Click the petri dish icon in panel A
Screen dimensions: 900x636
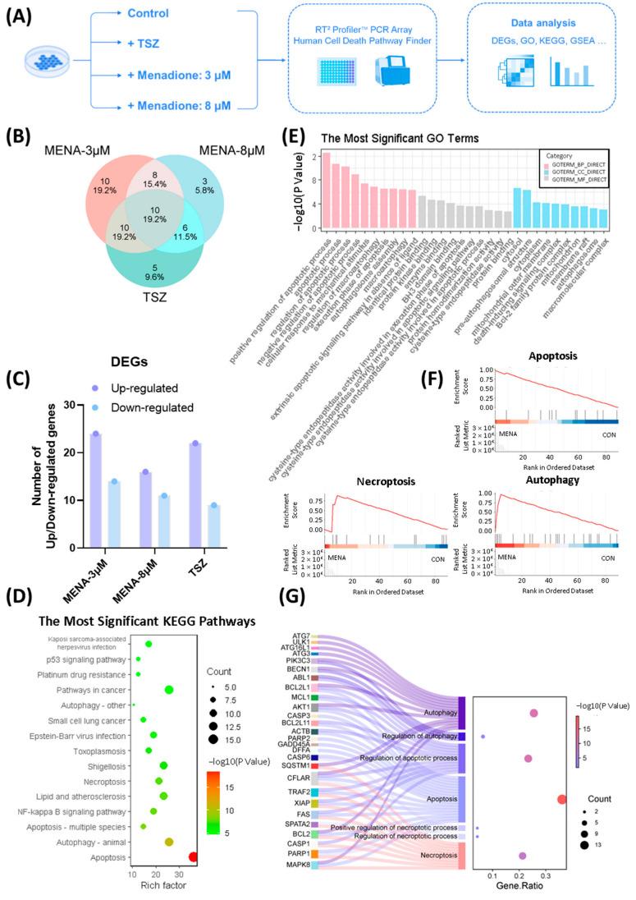pyautogui.click(x=45, y=62)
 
